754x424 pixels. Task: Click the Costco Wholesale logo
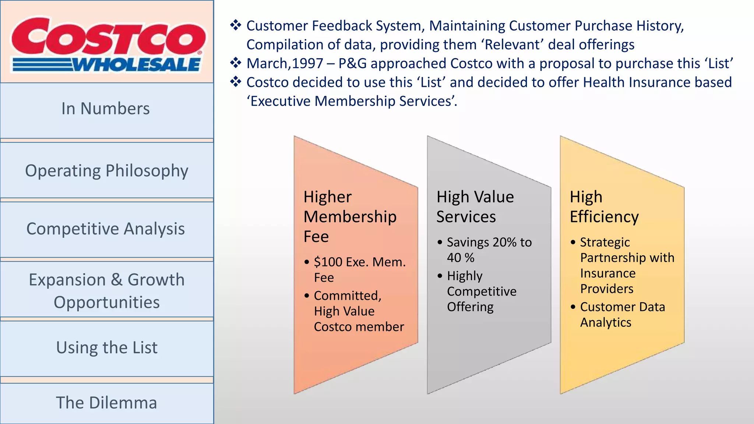107,44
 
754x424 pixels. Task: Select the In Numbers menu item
106,109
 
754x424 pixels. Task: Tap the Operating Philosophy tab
106,171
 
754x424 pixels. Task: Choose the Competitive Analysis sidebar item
106,229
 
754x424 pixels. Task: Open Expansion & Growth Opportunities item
106,291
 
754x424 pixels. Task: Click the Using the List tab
106,348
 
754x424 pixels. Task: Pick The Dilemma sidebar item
106,403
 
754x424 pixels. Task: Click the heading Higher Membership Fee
350,216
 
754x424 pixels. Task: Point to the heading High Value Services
475,207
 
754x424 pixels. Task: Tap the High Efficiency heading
604,207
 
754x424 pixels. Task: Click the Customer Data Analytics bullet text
622,314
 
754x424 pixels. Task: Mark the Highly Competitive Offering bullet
482,291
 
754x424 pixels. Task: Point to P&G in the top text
352,64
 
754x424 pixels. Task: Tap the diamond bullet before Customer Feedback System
236,25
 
